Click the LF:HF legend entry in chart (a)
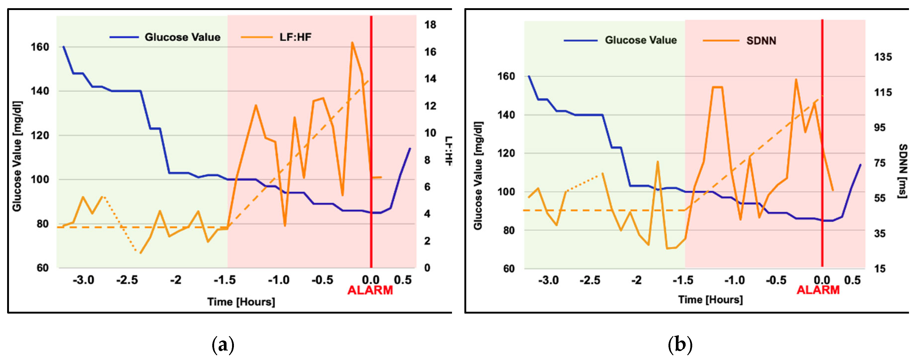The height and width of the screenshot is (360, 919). point(295,37)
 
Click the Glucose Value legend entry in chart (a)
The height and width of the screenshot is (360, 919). point(182,37)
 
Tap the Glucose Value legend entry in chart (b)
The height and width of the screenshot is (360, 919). point(641,40)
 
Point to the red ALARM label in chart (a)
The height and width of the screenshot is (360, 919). point(370,290)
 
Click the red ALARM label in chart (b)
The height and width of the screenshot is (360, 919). point(818,290)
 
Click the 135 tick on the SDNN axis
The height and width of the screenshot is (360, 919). point(883,57)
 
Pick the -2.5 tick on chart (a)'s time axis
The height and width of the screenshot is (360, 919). point(127,280)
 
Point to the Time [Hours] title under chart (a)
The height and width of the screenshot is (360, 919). point(241,302)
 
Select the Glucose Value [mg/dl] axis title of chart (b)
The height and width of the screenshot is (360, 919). point(478,176)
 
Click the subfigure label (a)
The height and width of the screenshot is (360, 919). point(223,345)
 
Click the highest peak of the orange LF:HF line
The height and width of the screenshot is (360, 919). point(352,42)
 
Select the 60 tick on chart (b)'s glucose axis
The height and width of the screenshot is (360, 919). point(509,268)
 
